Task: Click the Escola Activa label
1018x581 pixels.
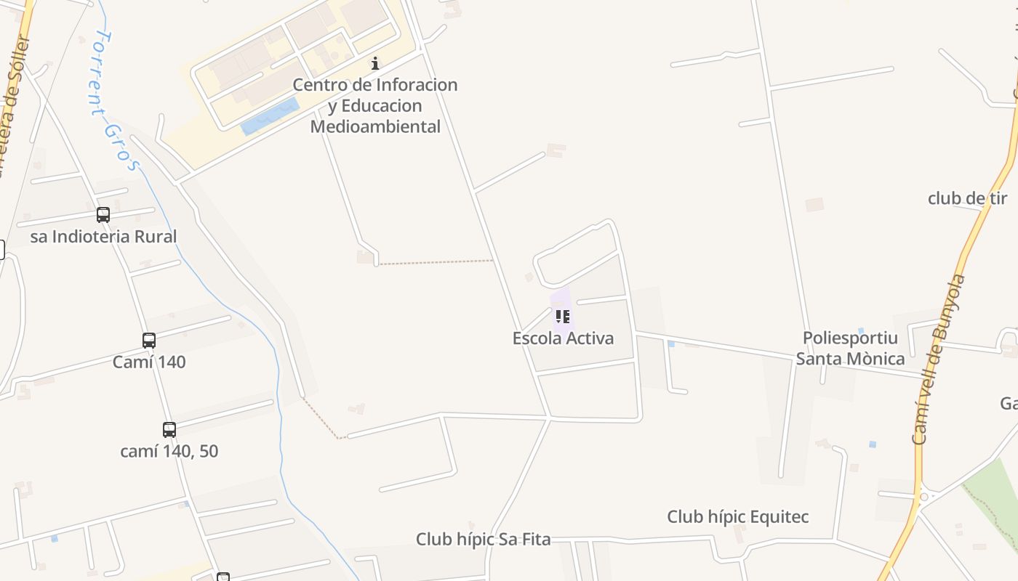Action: [x=563, y=338]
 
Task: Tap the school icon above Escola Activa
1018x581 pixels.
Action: [x=562, y=316]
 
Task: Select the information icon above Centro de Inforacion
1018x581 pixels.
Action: [x=375, y=63]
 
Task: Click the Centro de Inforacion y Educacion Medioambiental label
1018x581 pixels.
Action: [x=375, y=105]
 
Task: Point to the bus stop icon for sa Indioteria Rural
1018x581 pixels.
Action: [x=103, y=215]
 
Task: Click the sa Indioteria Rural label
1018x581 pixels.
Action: [x=103, y=237]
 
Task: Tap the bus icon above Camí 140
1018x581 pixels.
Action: [x=149, y=340]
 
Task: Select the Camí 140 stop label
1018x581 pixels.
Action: [x=149, y=362]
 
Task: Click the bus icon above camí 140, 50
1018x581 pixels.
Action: [x=169, y=429]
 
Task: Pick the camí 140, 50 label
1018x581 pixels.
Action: [x=169, y=451]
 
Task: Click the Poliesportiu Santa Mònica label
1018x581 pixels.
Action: [x=850, y=348]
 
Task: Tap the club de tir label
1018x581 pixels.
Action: [x=967, y=198]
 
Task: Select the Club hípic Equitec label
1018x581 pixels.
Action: [x=737, y=517]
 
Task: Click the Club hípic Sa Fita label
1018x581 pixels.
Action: [x=483, y=540]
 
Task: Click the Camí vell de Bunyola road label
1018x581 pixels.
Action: [x=939, y=359]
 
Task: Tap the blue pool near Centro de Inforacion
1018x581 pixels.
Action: [x=270, y=117]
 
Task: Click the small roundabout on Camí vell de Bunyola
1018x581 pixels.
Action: [x=924, y=497]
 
